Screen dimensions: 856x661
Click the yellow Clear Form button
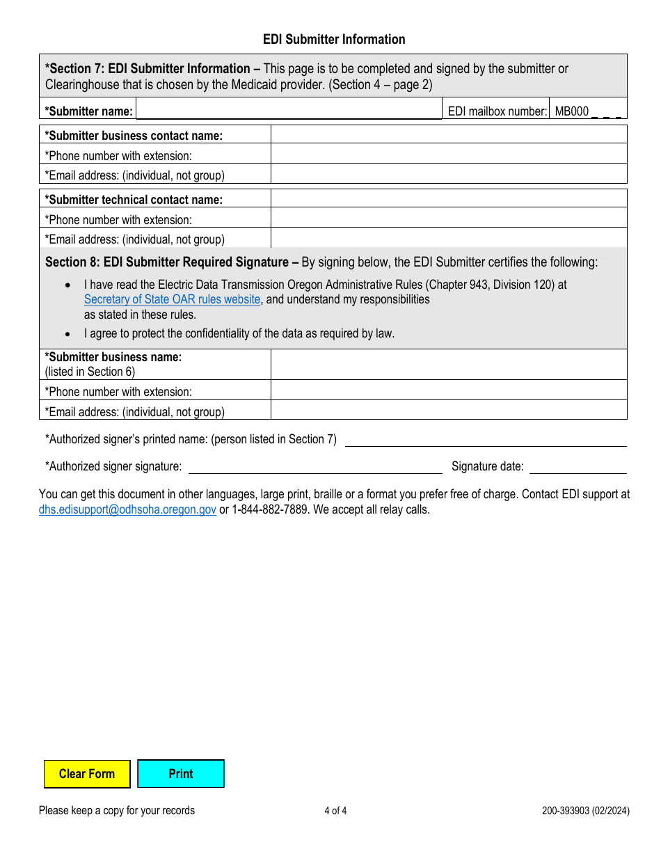point(87,774)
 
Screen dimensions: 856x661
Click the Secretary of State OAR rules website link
point(172,299)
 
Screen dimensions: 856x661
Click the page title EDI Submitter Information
point(334,40)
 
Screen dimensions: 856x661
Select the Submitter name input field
point(289,110)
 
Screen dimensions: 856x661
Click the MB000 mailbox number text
point(572,111)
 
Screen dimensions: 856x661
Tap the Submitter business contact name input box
point(448,135)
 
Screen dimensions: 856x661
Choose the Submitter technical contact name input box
point(448,199)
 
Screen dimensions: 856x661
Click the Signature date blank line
point(578,466)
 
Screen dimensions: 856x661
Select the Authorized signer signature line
point(314,466)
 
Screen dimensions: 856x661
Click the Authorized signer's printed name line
point(486,439)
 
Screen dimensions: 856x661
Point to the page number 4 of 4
point(335,810)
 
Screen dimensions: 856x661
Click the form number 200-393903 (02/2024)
point(586,810)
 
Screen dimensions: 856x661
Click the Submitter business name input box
point(448,364)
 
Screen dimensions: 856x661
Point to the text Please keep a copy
point(117,810)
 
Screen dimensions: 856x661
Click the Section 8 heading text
point(167,262)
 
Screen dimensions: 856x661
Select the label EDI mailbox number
point(497,111)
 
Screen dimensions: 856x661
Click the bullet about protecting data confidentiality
point(239,333)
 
